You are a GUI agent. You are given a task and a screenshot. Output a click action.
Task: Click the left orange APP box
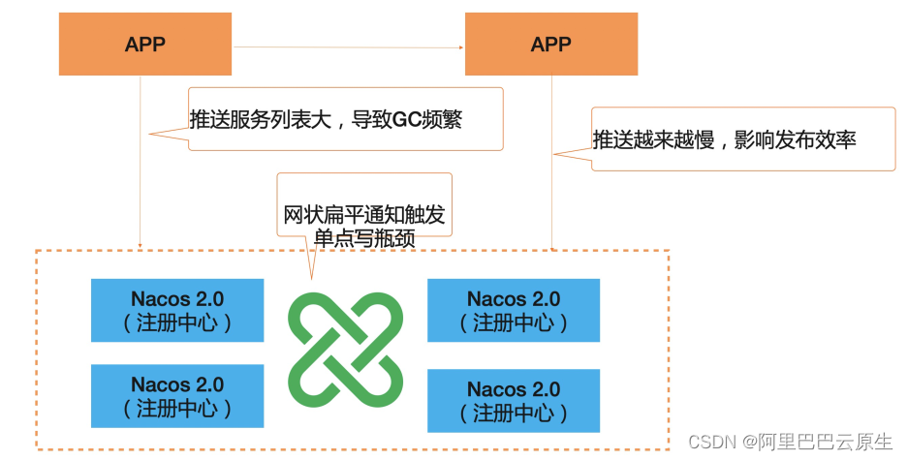click(x=145, y=44)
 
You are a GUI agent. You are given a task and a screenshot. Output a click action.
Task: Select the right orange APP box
click(x=550, y=44)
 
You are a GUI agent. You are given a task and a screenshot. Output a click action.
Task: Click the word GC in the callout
click(x=407, y=120)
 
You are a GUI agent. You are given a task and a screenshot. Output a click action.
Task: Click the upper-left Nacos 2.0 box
click(x=177, y=310)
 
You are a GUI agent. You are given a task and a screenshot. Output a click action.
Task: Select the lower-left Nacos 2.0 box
click(x=177, y=396)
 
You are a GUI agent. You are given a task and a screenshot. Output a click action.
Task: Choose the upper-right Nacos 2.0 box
click(x=514, y=310)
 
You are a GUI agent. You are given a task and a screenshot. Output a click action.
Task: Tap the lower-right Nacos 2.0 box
click(x=514, y=401)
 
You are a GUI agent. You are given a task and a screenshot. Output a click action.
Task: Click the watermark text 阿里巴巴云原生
click(x=824, y=442)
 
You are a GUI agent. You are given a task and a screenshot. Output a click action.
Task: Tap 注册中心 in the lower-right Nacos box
click(x=514, y=413)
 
